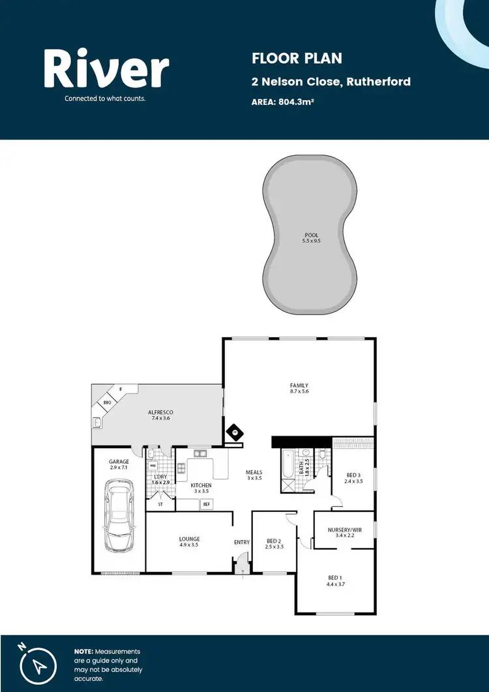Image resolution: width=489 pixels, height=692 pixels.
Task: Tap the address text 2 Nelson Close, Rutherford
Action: [x=331, y=82]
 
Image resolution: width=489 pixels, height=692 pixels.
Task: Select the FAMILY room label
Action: [x=299, y=385]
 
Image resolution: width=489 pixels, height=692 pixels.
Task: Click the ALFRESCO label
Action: [x=160, y=412]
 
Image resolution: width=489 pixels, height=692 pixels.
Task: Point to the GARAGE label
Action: [x=119, y=462]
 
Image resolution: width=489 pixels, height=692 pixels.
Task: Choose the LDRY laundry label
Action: [x=160, y=477]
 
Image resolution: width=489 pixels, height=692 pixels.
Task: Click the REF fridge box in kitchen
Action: [x=207, y=504]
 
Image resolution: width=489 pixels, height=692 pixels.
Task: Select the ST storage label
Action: [x=160, y=504]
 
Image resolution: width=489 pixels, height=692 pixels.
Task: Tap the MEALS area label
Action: [x=254, y=472]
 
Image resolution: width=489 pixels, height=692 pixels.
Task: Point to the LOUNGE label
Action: [x=189, y=539]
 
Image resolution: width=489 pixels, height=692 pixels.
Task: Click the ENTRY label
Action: [x=242, y=542]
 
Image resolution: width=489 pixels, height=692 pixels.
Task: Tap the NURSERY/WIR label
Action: [x=344, y=530]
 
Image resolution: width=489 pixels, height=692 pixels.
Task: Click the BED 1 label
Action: [x=334, y=578]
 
